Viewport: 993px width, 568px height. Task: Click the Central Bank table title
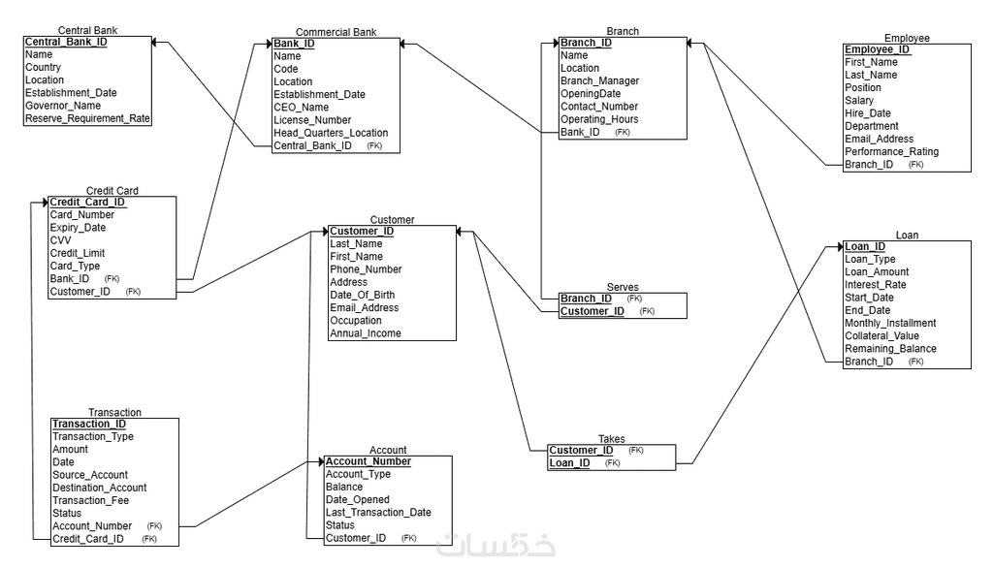pos(88,31)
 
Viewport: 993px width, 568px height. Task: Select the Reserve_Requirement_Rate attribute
pos(87,118)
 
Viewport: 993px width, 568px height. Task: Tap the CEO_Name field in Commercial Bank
pos(302,108)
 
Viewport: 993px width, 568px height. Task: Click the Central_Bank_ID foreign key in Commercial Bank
pos(312,145)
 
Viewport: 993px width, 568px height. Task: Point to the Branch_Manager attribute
pos(599,81)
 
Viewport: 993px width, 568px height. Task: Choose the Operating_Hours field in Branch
pos(599,119)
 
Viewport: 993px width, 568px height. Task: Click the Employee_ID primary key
pos(877,49)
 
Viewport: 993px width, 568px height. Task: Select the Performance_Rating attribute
pos(891,152)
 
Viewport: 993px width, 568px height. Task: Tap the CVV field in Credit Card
pos(60,240)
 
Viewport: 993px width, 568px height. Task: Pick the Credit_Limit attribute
pos(78,253)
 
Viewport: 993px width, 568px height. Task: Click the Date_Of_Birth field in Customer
pos(364,295)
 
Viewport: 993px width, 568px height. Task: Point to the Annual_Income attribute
pos(365,333)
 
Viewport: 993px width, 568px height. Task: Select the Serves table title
pos(623,287)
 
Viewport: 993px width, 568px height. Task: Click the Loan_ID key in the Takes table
pos(570,463)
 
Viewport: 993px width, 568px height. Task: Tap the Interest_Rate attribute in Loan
pos(876,285)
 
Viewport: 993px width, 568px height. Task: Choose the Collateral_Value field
pos(881,336)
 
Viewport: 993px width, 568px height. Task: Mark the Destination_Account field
pos(99,488)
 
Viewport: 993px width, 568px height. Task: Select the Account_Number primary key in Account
pos(368,461)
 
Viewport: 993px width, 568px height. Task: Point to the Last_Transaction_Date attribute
pos(378,513)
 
